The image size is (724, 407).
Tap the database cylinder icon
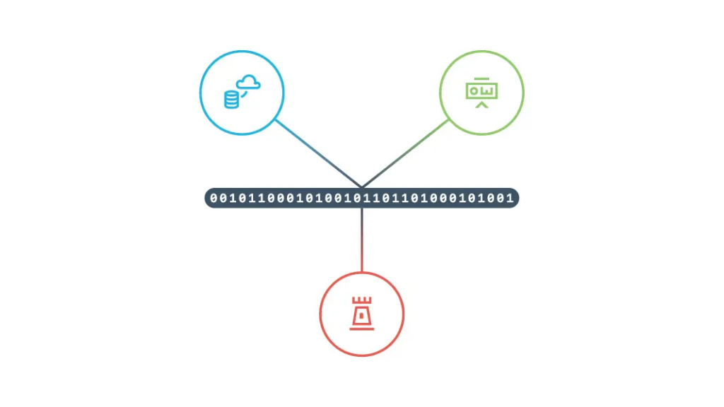point(231,99)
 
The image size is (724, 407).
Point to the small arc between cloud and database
point(244,94)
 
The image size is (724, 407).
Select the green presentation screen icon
point(481,93)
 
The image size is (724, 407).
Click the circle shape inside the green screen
point(474,91)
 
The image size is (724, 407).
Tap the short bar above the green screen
point(481,79)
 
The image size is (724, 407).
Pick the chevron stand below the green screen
point(481,105)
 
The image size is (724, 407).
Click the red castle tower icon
point(361,314)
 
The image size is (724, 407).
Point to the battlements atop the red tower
point(361,300)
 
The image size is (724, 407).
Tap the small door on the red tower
point(361,316)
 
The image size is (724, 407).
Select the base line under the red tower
point(361,329)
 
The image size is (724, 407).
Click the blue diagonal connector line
point(319,153)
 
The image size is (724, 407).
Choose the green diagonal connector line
point(405,153)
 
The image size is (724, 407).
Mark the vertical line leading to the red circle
point(362,240)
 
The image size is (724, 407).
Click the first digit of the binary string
point(214,198)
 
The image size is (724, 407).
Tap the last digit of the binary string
point(510,198)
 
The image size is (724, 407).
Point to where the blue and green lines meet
point(362,187)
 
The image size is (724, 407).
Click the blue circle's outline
point(200,93)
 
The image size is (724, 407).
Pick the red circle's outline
point(320,314)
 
